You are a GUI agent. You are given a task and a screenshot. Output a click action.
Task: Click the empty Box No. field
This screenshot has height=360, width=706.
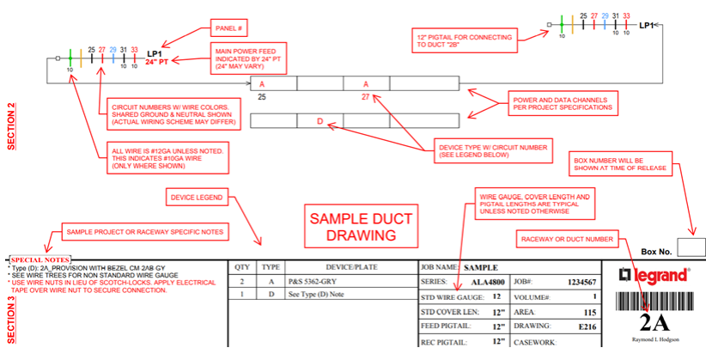pos(690,247)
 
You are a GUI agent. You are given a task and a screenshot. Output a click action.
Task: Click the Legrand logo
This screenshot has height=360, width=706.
pos(655,276)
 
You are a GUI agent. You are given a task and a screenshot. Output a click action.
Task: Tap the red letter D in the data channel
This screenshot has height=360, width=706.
pos(320,122)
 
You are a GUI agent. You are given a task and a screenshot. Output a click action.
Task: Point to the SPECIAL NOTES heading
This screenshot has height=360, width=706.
pos(41,259)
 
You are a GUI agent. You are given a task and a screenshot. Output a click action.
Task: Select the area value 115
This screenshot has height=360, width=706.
pos(590,312)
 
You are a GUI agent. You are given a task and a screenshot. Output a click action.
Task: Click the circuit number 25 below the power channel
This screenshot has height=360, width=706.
pos(261,99)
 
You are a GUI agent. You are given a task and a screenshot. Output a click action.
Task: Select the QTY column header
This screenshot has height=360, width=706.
pos(242,267)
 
